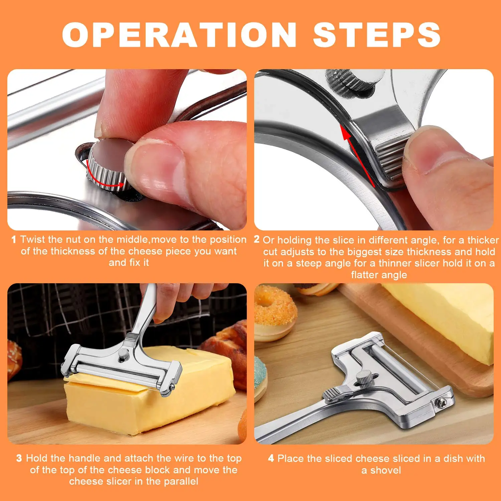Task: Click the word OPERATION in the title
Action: [179, 35]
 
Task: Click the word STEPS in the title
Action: [376, 35]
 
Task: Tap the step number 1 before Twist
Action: [14, 239]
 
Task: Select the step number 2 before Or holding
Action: [257, 239]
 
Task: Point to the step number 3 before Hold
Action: [19, 458]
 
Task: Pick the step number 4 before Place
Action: [271, 458]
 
